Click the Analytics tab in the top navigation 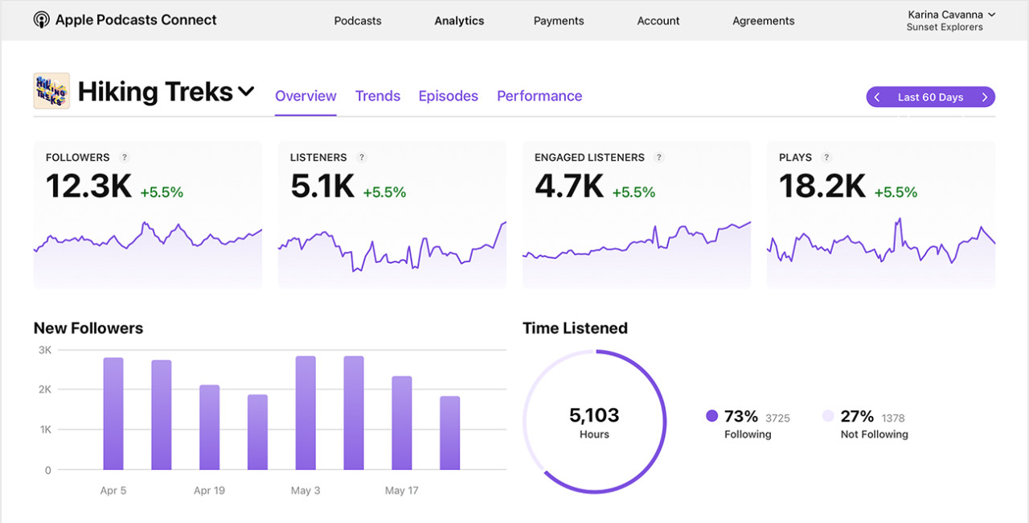coord(459,21)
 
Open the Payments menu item coord(559,21)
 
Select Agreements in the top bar coord(763,21)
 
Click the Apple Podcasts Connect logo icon coord(41,20)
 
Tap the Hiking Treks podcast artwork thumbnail coord(51,91)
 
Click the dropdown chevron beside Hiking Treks coord(246,92)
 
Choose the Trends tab coord(378,96)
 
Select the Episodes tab coord(448,96)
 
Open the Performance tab coord(539,96)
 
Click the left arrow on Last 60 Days coord(877,97)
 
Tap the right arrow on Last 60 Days coord(985,97)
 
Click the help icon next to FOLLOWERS coord(124,158)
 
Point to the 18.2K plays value coord(822,187)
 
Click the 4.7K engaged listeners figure coord(569,187)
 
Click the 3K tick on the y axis coord(44,350)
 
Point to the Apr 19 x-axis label coord(209,490)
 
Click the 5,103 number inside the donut coord(594,415)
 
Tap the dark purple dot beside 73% coord(711,416)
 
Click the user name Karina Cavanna coord(945,14)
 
